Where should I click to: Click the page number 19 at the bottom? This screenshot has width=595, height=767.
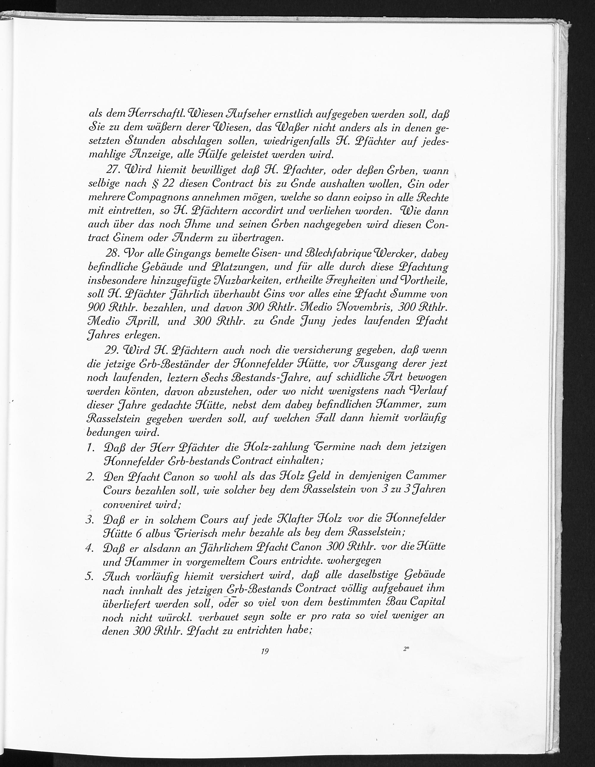tap(265, 651)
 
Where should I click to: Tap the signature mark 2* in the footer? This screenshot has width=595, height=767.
tap(407, 649)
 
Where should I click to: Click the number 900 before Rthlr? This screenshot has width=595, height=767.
tap(94, 307)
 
